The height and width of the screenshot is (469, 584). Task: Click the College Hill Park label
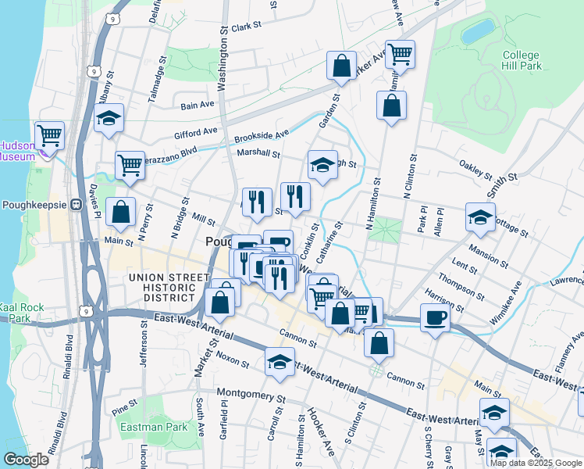coord(522,61)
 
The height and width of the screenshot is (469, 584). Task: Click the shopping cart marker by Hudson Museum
coord(50,135)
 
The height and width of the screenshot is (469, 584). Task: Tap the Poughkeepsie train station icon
coord(77,205)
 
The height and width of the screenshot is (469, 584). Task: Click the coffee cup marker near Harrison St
coord(435,317)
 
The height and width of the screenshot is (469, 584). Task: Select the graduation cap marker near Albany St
coord(109,118)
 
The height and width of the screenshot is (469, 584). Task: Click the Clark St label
coord(245,27)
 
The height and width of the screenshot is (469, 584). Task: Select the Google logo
coord(25,460)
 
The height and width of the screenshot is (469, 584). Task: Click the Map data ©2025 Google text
coord(535,463)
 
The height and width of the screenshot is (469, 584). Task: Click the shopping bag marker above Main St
coord(121,212)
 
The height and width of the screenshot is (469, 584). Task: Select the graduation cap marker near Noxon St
coord(280,363)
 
